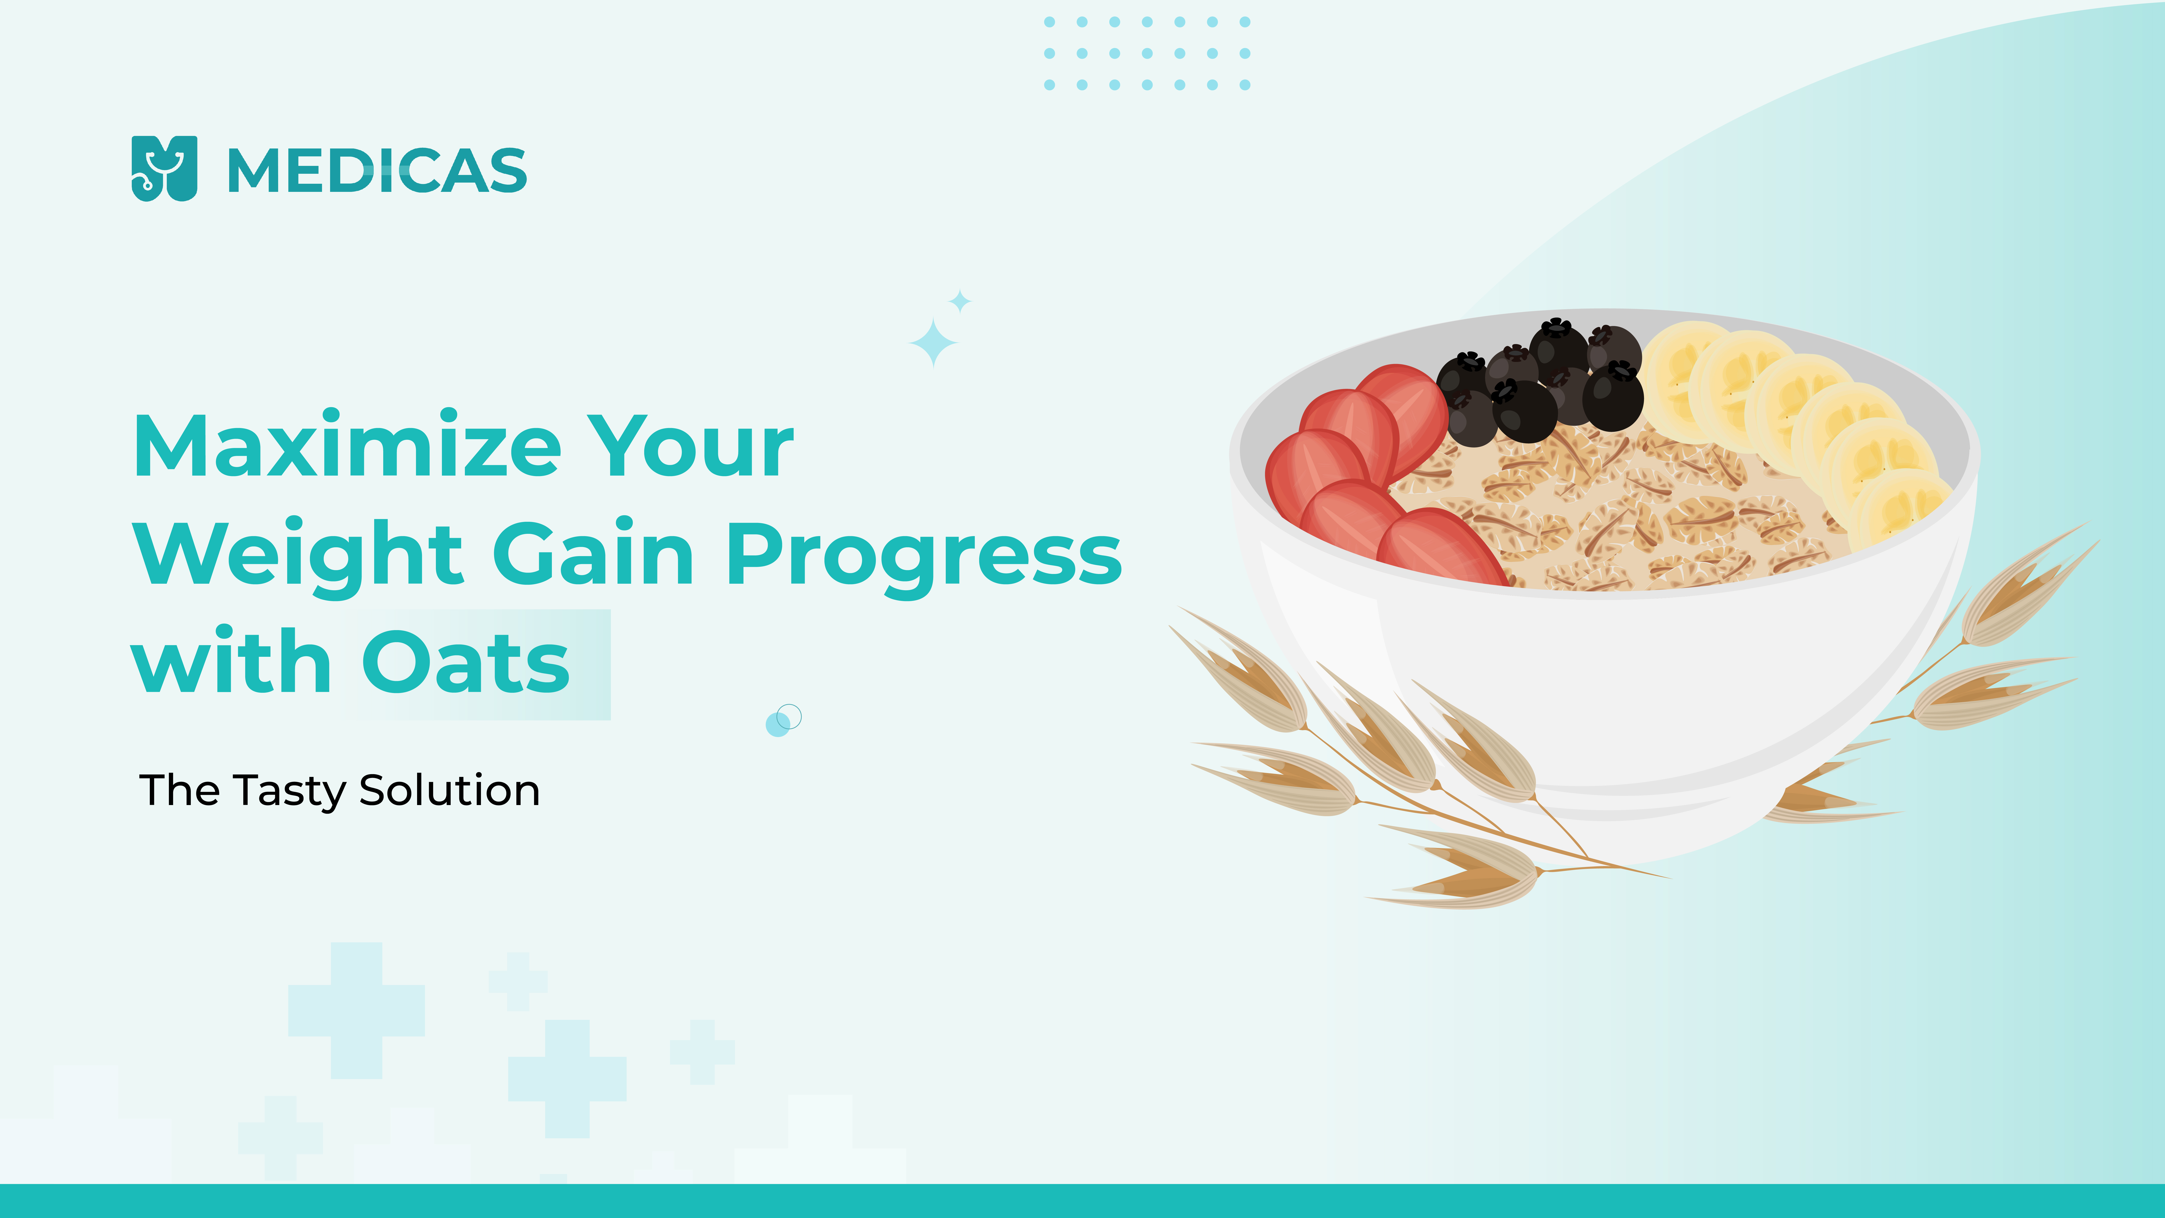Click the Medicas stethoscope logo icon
point(165,168)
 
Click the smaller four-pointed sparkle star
point(960,301)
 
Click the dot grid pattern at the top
point(1147,53)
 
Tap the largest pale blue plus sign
point(356,1010)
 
